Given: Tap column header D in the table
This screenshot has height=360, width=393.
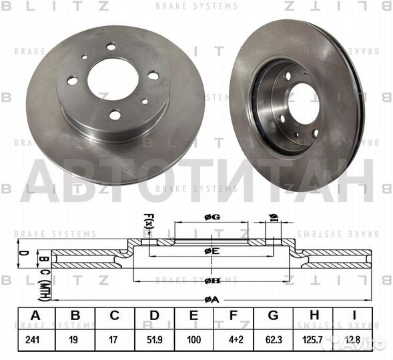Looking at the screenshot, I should [x=154, y=317].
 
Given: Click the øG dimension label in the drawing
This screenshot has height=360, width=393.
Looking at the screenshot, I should [x=212, y=216].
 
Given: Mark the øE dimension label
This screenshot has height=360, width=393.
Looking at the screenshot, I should [x=212, y=251].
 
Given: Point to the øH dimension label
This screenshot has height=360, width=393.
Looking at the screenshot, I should [x=212, y=281].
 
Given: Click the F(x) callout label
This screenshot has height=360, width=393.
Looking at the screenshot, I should [x=148, y=220].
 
